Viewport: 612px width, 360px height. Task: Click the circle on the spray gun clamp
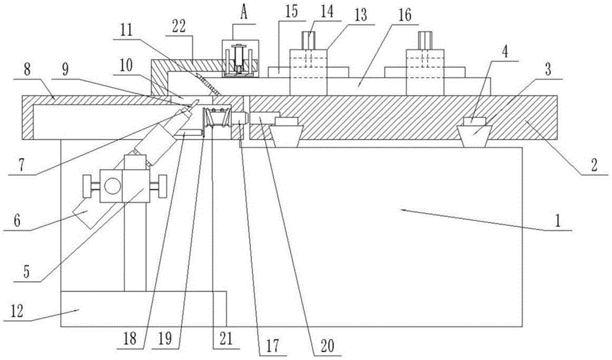(111, 185)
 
